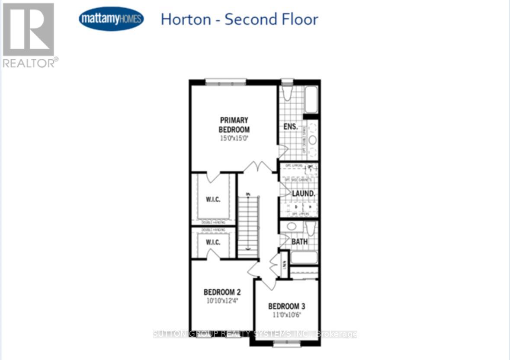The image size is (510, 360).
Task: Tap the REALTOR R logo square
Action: click(29, 29)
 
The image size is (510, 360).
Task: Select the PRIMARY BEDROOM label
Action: click(234, 124)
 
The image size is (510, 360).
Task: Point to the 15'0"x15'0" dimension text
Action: click(234, 139)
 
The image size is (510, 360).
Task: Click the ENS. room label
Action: click(290, 127)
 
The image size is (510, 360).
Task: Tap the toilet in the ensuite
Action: click(287, 93)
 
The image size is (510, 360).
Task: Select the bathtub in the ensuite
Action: click(311, 100)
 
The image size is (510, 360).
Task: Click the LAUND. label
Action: click(303, 194)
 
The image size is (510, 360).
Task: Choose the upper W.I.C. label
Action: click(213, 199)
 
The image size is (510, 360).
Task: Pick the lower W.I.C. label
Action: click(213, 242)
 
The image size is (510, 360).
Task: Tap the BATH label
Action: click(299, 242)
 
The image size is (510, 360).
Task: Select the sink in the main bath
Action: click(292, 226)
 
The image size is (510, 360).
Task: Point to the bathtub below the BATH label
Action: click(304, 258)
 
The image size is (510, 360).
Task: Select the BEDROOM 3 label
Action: click(287, 306)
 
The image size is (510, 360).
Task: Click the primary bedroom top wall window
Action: click(225, 82)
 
